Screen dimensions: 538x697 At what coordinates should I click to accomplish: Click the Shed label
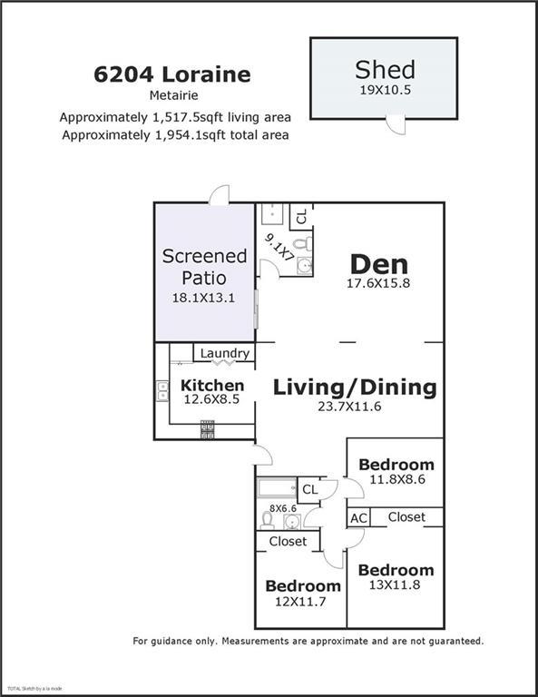[x=386, y=69]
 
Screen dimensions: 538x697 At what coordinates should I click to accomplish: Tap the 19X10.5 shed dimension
[x=386, y=90]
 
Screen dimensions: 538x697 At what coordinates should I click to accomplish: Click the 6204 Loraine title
[x=172, y=74]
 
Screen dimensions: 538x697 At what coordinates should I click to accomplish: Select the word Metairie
[x=173, y=95]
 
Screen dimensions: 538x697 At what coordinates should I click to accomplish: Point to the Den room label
[x=379, y=264]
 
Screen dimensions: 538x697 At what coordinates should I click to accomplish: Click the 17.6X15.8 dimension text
[x=378, y=283]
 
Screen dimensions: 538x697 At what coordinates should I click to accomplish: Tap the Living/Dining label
[x=355, y=388]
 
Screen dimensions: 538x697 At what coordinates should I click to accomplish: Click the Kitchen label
[x=212, y=385]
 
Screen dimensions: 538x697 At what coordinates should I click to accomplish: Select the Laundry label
[x=225, y=353]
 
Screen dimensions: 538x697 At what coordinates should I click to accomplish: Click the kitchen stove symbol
[x=208, y=429]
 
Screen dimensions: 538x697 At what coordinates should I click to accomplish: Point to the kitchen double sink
[x=162, y=391]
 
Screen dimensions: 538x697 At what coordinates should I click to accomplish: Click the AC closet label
[x=359, y=518]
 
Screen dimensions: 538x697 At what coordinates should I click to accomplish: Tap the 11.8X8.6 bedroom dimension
[x=397, y=479]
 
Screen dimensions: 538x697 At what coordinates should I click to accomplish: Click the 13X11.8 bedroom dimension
[x=395, y=585]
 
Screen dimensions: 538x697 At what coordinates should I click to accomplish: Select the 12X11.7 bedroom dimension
[x=300, y=602]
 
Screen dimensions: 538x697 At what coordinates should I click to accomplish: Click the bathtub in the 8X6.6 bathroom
[x=277, y=487]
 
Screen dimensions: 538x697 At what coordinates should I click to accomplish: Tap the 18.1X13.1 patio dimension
[x=203, y=298]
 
